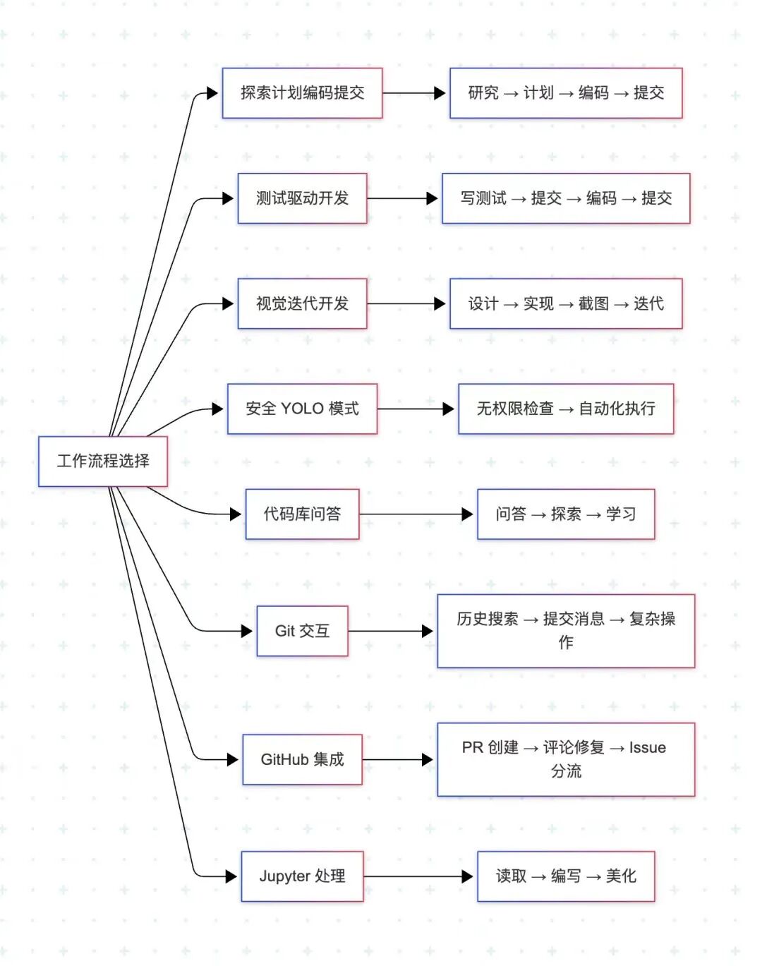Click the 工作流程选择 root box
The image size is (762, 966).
click(103, 461)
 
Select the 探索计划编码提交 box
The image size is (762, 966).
click(302, 93)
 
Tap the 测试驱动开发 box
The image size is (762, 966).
click(302, 198)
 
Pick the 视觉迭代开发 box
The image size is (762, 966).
click(302, 303)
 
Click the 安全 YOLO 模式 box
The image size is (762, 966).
click(302, 409)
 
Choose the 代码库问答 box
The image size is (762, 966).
click(302, 514)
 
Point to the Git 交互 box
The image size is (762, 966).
click(302, 631)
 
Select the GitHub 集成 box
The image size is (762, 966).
click(302, 759)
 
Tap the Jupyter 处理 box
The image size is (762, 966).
click(302, 876)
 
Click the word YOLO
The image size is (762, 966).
click(302, 409)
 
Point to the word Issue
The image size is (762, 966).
click(648, 748)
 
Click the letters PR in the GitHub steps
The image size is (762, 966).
click(473, 748)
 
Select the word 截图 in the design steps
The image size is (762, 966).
click(593, 303)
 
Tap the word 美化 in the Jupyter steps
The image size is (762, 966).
click(621, 876)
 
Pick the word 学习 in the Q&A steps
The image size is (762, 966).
click(621, 514)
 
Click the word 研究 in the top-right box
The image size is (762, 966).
click(483, 93)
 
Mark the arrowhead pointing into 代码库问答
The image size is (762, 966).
click(236, 514)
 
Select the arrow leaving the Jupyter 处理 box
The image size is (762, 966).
click(418, 876)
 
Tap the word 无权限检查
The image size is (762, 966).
click(515, 409)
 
